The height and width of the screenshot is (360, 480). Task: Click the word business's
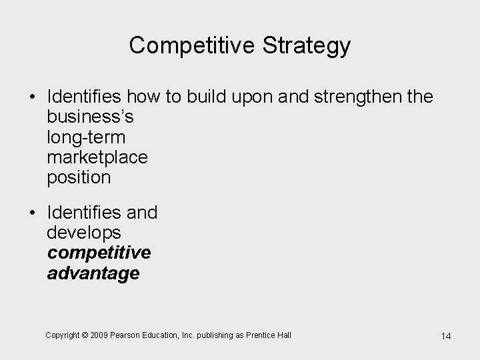(x=90, y=117)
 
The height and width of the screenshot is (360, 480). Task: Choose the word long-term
(x=86, y=137)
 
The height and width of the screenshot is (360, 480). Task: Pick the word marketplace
(x=97, y=157)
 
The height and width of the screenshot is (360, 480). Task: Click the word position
(x=79, y=177)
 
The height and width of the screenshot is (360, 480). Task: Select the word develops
(x=84, y=233)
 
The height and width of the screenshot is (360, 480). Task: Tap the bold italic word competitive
(x=99, y=253)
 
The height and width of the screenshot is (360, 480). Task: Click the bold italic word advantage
(x=93, y=273)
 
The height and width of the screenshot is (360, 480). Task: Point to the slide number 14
(x=446, y=336)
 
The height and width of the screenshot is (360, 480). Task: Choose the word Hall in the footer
(x=283, y=335)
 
